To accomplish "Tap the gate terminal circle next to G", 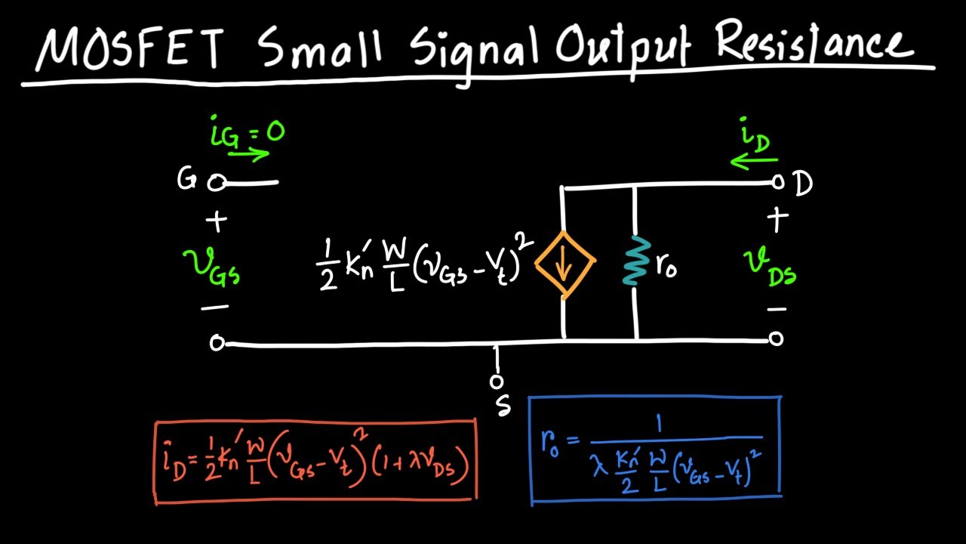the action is pyautogui.click(x=216, y=183).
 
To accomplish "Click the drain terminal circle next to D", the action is pyautogui.click(x=778, y=182).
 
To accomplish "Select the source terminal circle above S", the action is pyautogui.click(x=497, y=382).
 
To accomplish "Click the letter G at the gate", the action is pyautogui.click(x=186, y=179).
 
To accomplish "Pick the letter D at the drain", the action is pyautogui.click(x=803, y=184).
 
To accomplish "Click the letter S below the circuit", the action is pyautogui.click(x=503, y=405).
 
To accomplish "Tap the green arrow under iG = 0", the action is pyautogui.click(x=248, y=154).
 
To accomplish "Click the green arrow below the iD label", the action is pyautogui.click(x=754, y=161).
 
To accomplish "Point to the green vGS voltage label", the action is pyautogui.click(x=211, y=267).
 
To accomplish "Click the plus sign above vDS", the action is pyautogui.click(x=778, y=219).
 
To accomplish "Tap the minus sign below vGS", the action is pyautogui.click(x=215, y=308).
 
